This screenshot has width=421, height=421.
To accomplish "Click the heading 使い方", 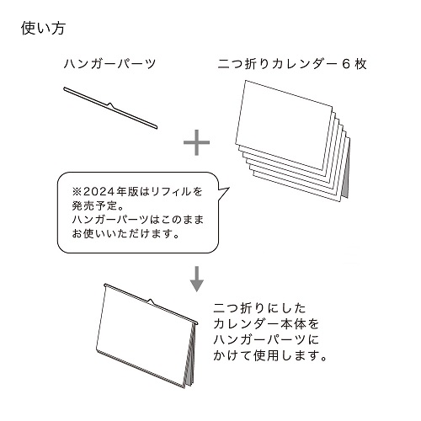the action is pos(43,29).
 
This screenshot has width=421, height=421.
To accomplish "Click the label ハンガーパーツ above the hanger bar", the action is pos(109,64).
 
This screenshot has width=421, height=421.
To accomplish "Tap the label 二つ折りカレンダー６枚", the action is pos(292,64).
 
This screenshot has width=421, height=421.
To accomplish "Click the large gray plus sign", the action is pos(196,142).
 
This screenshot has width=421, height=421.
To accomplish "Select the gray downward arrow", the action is pos(197,279).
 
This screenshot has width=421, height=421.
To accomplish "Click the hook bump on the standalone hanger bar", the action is pos(110,105).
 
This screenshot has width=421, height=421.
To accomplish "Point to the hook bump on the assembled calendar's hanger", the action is pos(151,301).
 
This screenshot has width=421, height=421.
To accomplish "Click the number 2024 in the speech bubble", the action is pos(100,192).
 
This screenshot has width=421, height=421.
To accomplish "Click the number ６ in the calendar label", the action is pos(346,64).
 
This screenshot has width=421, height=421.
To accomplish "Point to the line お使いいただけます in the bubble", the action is pos(125,233).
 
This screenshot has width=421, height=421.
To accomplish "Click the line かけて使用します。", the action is pos(270,355).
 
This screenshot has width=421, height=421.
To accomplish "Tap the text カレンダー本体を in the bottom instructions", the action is pos(266,324).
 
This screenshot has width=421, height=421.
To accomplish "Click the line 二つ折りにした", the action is pos(259,308).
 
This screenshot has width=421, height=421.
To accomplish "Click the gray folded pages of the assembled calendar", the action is pos(190,356).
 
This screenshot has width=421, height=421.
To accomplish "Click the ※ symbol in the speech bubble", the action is pos(77,192).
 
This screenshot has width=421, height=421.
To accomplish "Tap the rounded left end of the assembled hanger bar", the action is pos(105,285).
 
